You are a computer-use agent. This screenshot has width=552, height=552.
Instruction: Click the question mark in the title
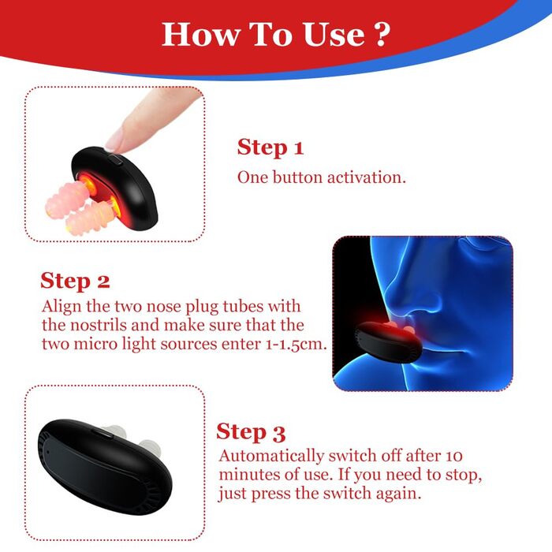pyautogui.click(x=382, y=34)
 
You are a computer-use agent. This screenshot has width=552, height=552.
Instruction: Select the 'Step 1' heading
pyautogui.click(x=270, y=147)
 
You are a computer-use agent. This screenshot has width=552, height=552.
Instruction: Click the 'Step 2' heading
pyautogui.click(x=75, y=282)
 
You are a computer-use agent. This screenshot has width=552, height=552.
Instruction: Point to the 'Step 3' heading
pyautogui.click(x=251, y=432)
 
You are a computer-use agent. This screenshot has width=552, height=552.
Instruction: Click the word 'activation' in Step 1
pyautogui.click(x=367, y=177)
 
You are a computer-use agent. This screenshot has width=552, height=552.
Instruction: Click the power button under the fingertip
pyautogui.click(x=115, y=159)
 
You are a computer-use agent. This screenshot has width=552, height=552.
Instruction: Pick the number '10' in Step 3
pyautogui.click(x=453, y=456)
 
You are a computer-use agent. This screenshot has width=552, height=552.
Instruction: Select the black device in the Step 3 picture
pyautogui.click(x=105, y=467)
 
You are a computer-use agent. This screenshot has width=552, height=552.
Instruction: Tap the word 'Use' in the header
pyautogui.click(x=334, y=35)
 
